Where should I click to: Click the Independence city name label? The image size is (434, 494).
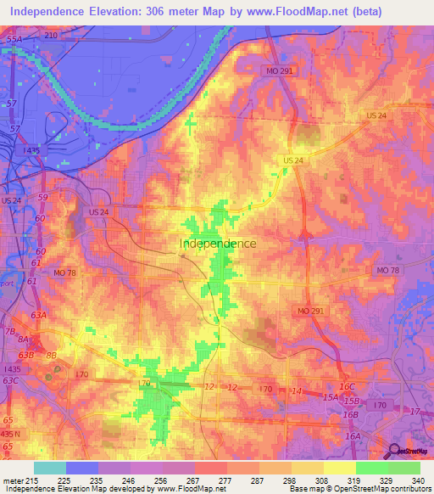click(218, 244)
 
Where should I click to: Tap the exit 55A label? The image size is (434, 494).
click(13, 40)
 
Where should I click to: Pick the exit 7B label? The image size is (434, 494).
click(10, 331)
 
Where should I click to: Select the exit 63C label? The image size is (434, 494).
click(11, 380)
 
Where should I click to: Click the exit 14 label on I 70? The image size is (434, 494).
click(296, 390)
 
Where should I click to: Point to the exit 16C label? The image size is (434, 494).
click(348, 386)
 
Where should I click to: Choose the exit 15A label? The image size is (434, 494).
click(330, 396)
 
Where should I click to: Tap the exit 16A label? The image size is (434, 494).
click(353, 435)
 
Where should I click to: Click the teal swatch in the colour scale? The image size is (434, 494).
click(50, 468)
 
